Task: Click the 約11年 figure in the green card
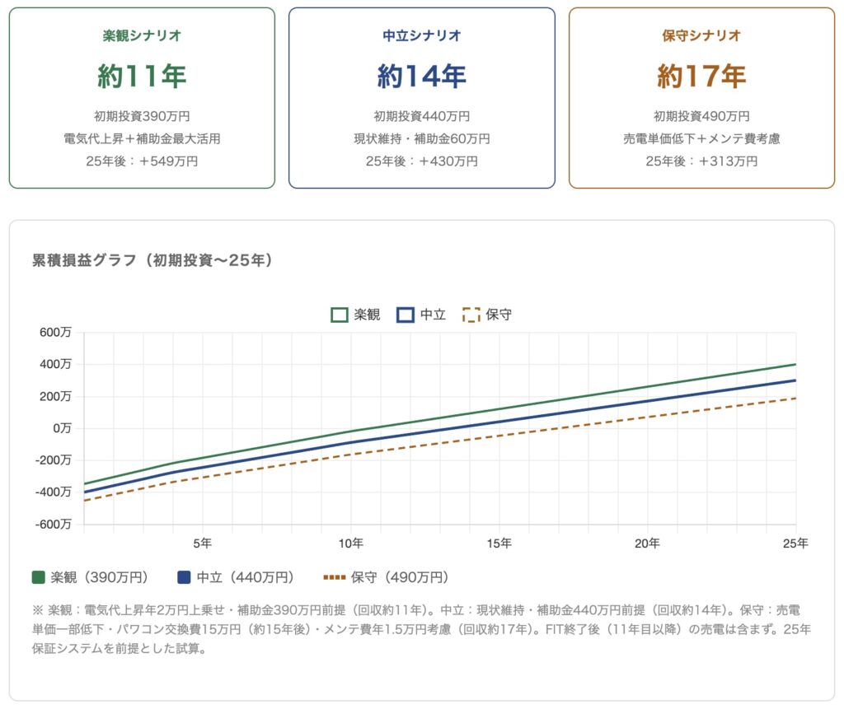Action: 142,77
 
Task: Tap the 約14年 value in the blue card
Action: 421,77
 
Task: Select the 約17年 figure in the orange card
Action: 701,77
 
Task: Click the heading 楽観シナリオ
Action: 142,35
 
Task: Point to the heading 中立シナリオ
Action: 421,35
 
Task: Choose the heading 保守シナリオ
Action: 701,35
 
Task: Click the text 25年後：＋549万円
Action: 142,161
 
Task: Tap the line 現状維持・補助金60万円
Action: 421,139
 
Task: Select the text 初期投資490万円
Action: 701,116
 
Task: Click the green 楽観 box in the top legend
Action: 339,315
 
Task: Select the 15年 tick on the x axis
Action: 499,543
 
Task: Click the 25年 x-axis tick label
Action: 795,543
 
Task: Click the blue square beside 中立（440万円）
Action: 184,577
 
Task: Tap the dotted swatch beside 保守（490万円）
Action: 334,577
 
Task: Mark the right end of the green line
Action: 795,364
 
